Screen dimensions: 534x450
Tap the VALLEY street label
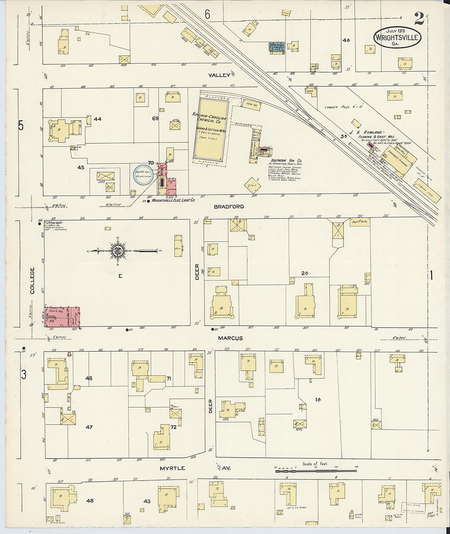(220, 75)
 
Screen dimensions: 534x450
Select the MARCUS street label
(230, 338)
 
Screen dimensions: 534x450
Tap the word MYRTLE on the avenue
(172, 468)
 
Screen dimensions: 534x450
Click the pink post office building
(62, 317)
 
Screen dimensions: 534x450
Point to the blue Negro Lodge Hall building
(277, 48)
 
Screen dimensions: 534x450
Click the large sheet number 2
(419, 20)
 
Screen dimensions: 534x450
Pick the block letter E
(120, 276)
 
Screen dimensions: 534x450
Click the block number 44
(97, 119)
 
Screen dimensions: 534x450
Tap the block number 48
(90, 501)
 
